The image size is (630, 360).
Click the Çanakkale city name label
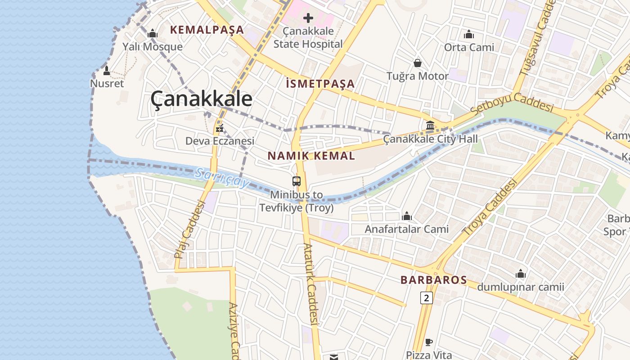click(201, 99)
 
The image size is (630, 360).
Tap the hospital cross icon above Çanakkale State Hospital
click(308, 18)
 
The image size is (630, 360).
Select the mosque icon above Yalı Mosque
click(153, 34)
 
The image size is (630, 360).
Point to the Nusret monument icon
click(107, 71)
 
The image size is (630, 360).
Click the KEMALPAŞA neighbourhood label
click(207, 30)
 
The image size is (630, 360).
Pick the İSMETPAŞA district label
click(320, 84)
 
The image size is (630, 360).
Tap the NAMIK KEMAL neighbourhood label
click(311, 156)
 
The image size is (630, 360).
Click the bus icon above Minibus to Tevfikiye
click(296, 181)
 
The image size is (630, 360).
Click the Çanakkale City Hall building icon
click(430, 126)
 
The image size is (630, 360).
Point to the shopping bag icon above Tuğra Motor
click(418, 63)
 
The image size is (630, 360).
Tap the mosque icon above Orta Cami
click(469, 34)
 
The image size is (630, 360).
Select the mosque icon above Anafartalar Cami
click(407, 216)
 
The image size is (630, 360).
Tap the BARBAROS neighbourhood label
click(434, 280)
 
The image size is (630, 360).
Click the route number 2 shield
click(427, 297)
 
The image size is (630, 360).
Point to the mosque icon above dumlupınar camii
click(521, 274)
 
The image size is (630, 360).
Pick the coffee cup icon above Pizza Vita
click(428, 342)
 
